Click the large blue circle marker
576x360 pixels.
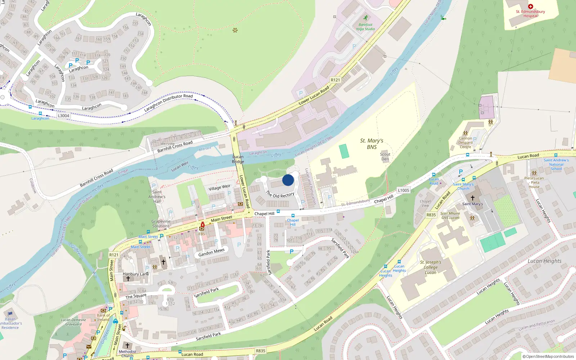(288, 180)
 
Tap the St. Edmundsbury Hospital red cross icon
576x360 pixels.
(530, 6)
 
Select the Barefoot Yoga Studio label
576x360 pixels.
(365, 27)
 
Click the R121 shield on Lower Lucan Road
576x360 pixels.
(335, 80)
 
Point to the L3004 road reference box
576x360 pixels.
(63, 116)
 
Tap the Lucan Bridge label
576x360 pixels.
(238, 159)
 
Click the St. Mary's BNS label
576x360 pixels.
(372, 144)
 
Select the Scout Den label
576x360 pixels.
(385, 157)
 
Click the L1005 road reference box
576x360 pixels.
(403, 190)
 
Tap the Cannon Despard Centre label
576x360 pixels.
(465, 143)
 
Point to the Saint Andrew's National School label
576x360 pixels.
(556, 165)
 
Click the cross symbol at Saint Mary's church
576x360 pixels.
(472, 198)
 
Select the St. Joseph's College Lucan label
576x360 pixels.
(431, 267)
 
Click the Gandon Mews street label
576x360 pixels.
(211, 252)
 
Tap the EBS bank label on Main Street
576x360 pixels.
(202, 234)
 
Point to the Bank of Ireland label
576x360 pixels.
(103, 318)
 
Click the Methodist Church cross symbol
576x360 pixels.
(127, 346)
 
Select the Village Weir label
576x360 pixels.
(219, 188)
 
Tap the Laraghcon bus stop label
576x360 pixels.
(40, 118)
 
